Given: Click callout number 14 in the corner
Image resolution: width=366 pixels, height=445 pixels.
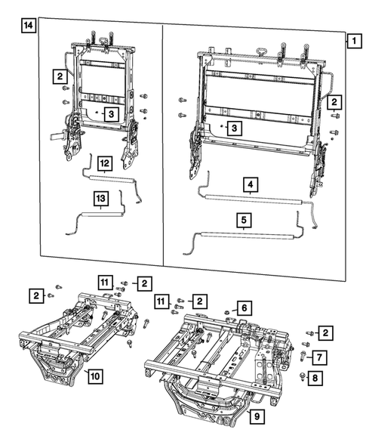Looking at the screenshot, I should (x=28, y=26).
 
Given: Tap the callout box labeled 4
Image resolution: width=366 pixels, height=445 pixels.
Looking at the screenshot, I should (x=249, y=184).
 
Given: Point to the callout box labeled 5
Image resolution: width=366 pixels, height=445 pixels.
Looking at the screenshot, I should (x=243, y=221).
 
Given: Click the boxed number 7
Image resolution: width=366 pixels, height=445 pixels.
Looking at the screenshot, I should (x=321, y=356).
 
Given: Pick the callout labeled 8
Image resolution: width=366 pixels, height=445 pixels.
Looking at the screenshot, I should (x=321, y=375).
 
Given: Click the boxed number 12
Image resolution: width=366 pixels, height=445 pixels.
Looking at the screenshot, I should (x=105, y=162).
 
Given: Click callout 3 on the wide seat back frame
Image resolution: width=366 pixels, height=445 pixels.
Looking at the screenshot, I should (x=235, y=129).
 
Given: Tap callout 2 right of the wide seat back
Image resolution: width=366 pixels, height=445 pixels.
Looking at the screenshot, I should (x=334, y=100).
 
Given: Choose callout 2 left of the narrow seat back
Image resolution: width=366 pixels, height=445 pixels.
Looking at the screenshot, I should (x=58, y=76).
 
